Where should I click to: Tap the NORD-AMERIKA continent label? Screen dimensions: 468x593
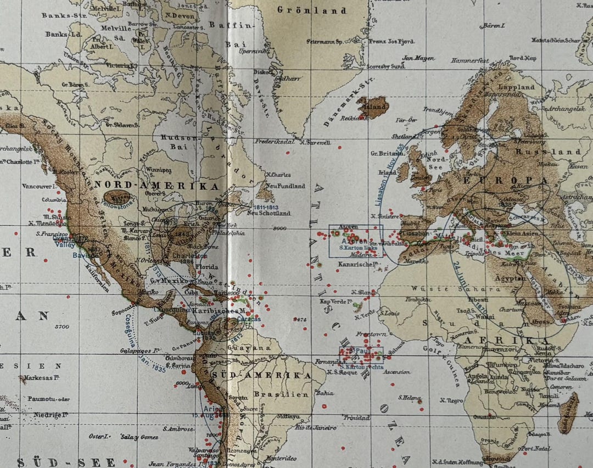click(x=156, y=186)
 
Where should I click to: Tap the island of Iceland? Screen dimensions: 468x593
click(x=373, y=107)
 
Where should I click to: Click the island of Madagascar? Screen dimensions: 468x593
click(x=568, y=412)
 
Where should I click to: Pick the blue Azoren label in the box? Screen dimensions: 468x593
click(x=354, y=241)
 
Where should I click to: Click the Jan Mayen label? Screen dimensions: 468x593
click(x=418, y=58)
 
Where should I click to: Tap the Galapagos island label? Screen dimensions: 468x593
click(x=139, y=350)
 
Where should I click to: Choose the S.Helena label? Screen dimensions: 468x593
click(x=410, y=398)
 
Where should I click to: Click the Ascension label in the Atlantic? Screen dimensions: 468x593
click(x=396, y=372)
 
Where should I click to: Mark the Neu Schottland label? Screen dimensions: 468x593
click(x=268, y=213)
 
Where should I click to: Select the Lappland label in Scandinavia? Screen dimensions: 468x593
click(x=516, y=87)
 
